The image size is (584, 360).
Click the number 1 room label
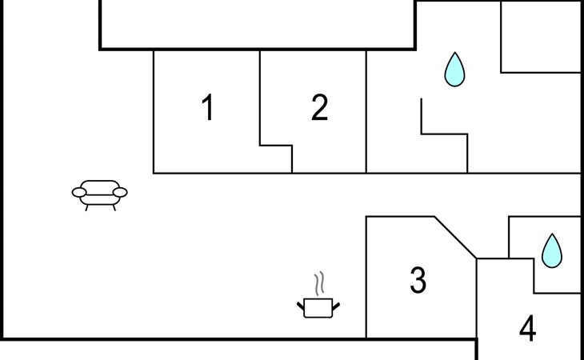(207, 107)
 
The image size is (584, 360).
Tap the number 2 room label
(319, 107)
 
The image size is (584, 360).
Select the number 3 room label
(418, 281)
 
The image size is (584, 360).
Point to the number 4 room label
(528, 328)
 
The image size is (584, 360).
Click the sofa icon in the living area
(99, 195)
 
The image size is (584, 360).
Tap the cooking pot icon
(318, 295)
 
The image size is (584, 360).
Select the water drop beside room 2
(454, 70)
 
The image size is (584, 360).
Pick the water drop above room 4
(551, 251)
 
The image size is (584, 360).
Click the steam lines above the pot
(319, 284)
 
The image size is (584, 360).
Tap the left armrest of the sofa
(79, 193)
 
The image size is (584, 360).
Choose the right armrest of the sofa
(120, 193)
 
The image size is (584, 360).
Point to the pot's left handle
(301, 306)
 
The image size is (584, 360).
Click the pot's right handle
(336, 306)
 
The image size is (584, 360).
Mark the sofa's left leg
(86, 208)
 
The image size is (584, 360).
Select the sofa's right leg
(114, 208)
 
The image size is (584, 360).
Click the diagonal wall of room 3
(455, 237)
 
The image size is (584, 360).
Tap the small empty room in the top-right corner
(541, 37)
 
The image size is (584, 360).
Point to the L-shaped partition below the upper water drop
(444, 134)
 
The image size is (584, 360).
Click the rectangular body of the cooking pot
(318, 308)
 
